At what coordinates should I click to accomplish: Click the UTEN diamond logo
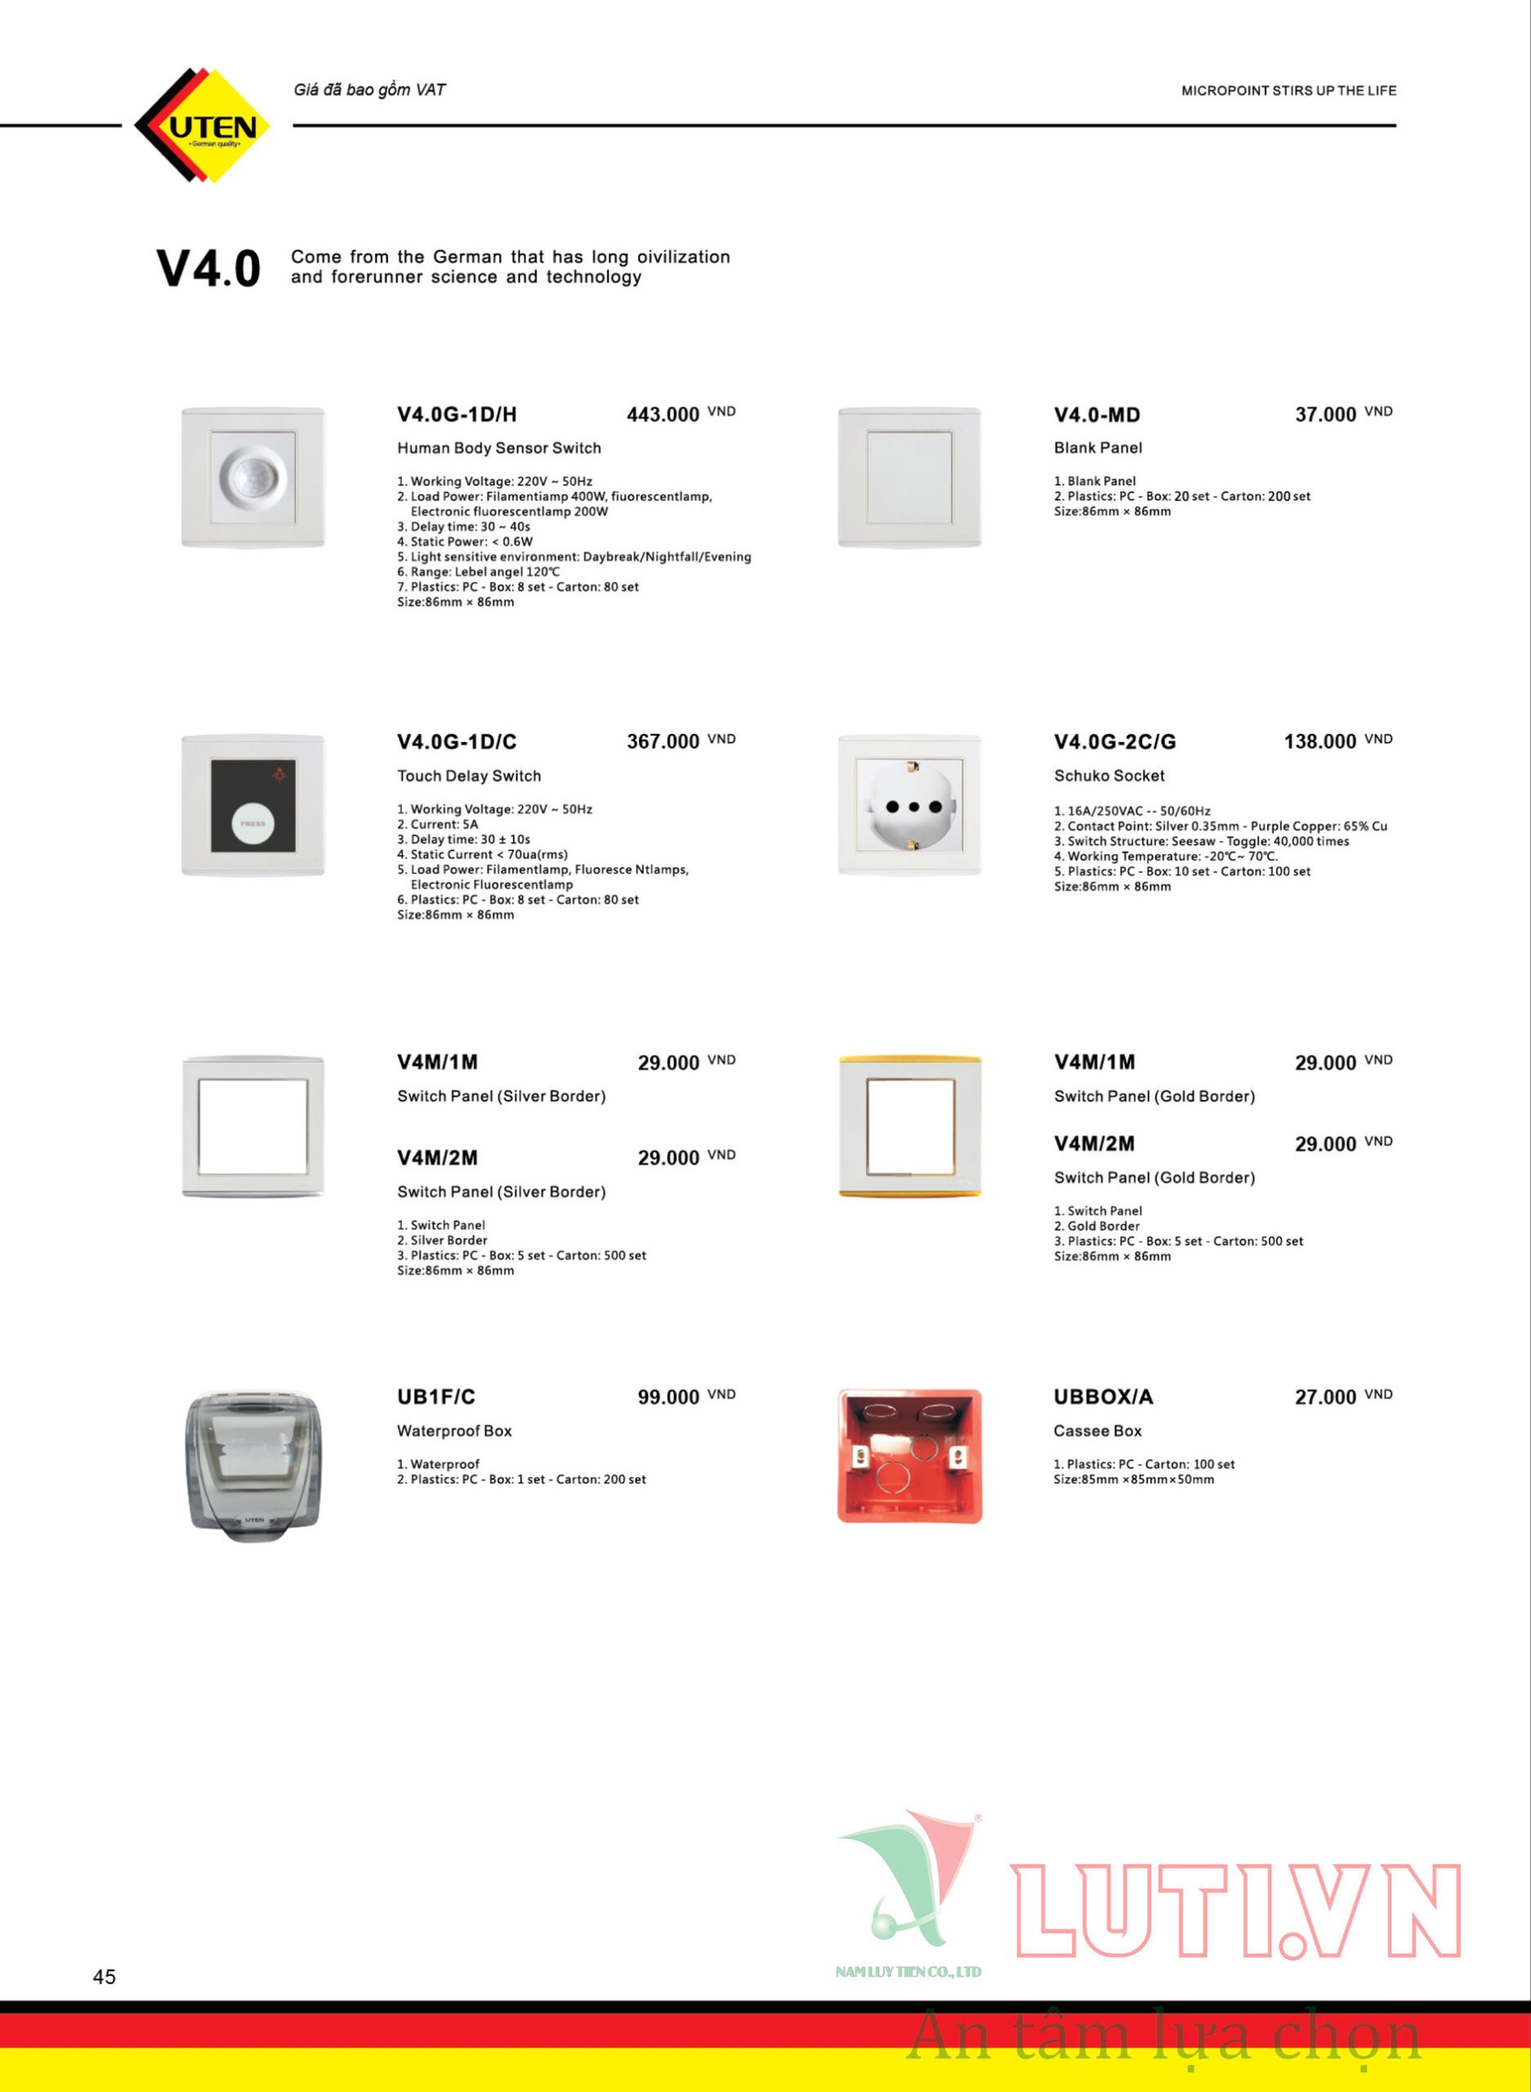(202, 125)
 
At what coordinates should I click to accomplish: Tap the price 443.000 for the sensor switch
(663, 414)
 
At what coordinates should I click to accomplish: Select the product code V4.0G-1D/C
(457, 741)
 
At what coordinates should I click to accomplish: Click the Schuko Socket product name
(1109, 776)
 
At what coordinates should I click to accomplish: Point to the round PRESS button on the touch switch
(253, 823)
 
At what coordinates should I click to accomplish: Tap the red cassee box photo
(909, 1455)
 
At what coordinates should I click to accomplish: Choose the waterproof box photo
(253, 1464)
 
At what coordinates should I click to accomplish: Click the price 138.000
(1319, 741)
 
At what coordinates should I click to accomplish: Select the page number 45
(105, 1976)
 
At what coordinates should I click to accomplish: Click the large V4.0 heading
(208, 269)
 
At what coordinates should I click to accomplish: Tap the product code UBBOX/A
(1103, 1397)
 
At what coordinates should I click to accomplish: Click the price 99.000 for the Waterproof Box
(668, 1397)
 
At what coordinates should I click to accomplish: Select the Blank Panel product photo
(909, 478)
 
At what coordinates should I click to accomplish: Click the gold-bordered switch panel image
(909, 1126)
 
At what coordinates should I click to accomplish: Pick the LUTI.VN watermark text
(1237, 1912)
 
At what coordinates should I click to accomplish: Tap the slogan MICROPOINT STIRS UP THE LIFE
(1288, 91)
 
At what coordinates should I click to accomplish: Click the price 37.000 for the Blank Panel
(1325, 414)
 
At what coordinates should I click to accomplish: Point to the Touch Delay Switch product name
(469, 776)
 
